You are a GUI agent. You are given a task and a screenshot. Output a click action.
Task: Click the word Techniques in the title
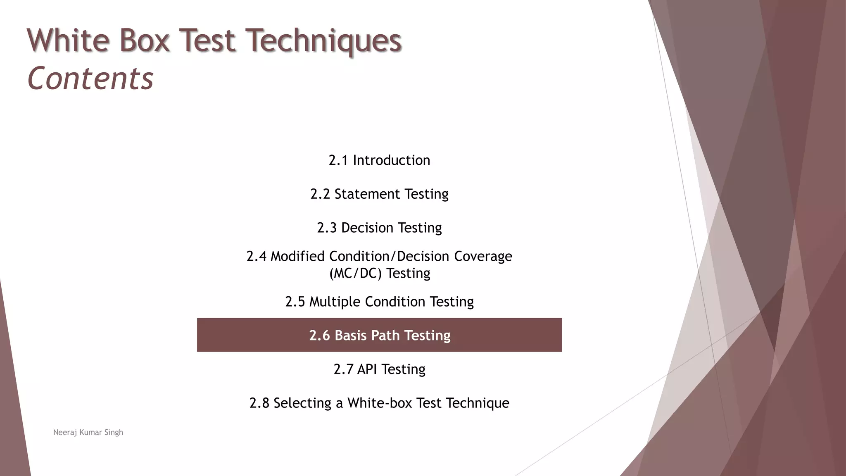click(323, 40)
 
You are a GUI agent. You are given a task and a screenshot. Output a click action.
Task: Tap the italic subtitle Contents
click(90, 79)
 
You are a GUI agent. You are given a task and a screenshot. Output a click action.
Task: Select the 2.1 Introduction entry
click(379, 160)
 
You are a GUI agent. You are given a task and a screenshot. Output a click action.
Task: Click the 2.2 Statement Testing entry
click(379, 194)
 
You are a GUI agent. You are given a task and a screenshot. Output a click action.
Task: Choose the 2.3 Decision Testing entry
click(379, 228)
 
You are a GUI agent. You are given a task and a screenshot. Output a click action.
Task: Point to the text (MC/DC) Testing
click(379, 273)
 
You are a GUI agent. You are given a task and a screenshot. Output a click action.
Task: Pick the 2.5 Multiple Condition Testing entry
click(379, 302)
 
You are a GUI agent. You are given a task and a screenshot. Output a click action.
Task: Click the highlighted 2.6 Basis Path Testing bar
click(379, 335)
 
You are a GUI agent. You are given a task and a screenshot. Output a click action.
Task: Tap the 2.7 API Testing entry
click(379, 369)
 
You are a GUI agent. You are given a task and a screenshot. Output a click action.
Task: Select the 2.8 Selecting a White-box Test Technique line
click(379, 403)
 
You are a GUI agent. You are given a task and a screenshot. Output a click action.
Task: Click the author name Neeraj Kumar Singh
click(88, 432)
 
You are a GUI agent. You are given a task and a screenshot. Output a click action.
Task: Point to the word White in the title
click(68, 40)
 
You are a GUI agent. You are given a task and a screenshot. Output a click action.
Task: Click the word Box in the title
click(145, 40)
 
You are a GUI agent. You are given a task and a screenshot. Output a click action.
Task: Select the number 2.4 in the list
click(257, 256)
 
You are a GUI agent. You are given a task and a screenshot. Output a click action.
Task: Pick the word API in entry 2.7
click(367, 369)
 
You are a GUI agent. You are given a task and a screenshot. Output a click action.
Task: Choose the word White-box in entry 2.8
click(380, 403)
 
